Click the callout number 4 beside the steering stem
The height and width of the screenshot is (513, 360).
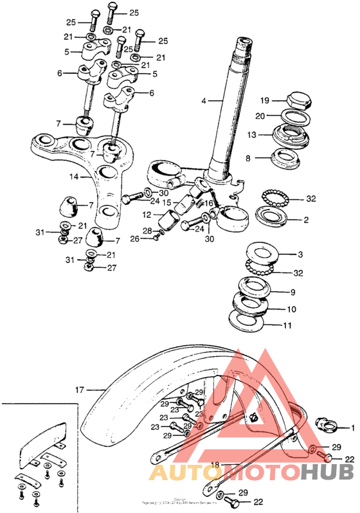click(203, 101)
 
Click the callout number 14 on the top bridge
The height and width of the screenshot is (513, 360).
click(74, 175)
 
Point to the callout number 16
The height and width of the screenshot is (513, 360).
click(208, 203)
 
